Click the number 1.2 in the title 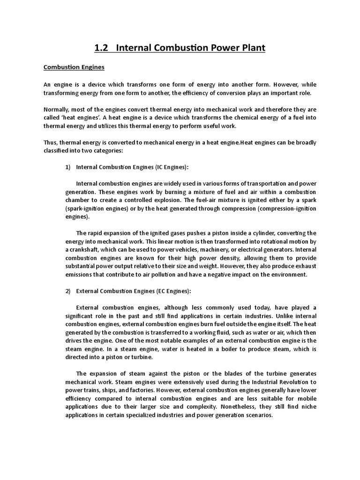pos(102,48)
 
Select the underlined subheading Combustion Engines pos(74,67)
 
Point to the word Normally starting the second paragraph pos(57,110)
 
